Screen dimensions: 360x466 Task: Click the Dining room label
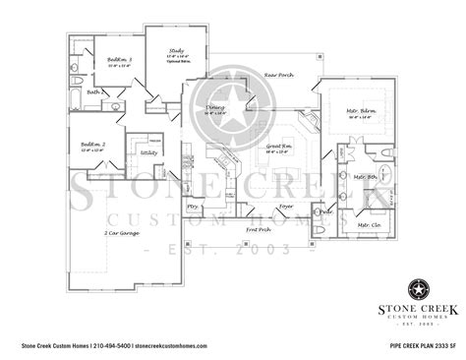pos(213,110)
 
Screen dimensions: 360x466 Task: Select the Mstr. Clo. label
pos(369,225)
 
